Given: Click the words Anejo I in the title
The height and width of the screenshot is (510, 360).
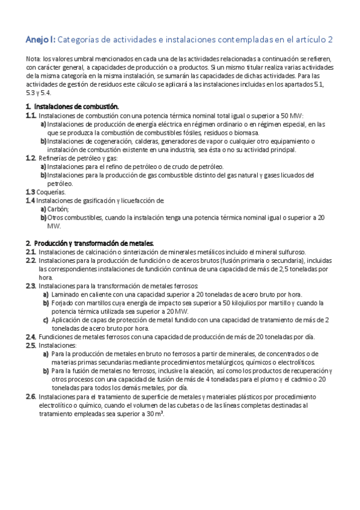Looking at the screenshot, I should [40, 40].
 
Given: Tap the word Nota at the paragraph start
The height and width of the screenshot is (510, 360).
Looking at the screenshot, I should [33, 60].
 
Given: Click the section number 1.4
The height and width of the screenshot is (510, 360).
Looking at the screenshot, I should [30, 200].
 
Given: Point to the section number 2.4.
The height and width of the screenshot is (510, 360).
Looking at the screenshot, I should [31, 337].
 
